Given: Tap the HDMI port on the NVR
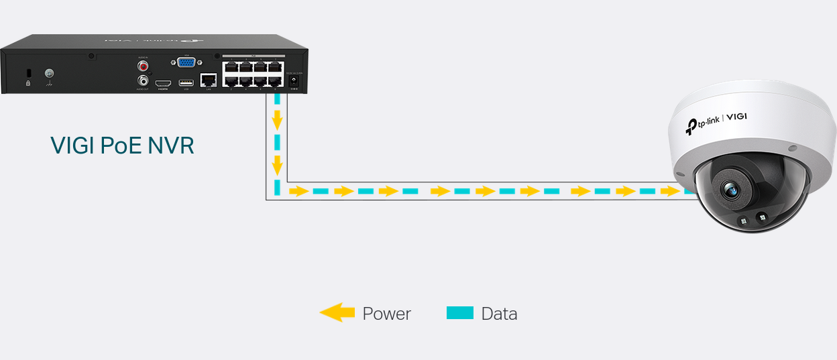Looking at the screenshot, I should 163,83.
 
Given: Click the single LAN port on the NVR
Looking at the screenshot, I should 209,79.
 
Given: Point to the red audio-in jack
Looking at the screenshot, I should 143,66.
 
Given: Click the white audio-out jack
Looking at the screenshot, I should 143,81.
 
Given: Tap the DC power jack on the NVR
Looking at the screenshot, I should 293,80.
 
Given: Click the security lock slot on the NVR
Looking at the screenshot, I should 28,72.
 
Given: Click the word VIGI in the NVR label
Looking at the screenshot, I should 72,145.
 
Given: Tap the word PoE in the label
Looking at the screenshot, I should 121,145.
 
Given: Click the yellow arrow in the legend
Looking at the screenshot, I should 337,312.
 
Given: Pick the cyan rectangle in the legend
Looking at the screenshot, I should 460,312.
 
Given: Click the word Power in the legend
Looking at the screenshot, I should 386,313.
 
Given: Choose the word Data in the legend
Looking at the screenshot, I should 499,313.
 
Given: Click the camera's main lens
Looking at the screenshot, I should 730,191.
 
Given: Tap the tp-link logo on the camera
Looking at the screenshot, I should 704,123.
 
